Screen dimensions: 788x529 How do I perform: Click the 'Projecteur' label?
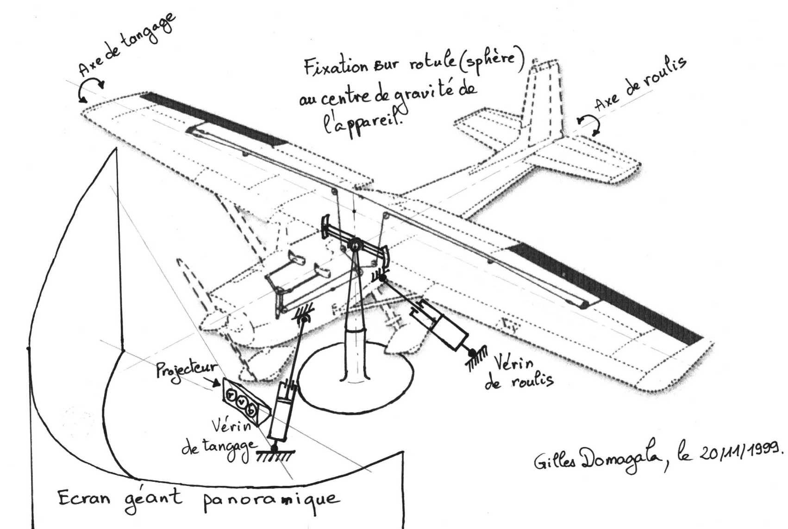[187, 370]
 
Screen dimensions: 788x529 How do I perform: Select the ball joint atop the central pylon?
[355, 245]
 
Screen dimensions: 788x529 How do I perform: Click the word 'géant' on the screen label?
[153, 500]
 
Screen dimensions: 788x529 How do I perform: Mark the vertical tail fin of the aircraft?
[544, 102]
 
